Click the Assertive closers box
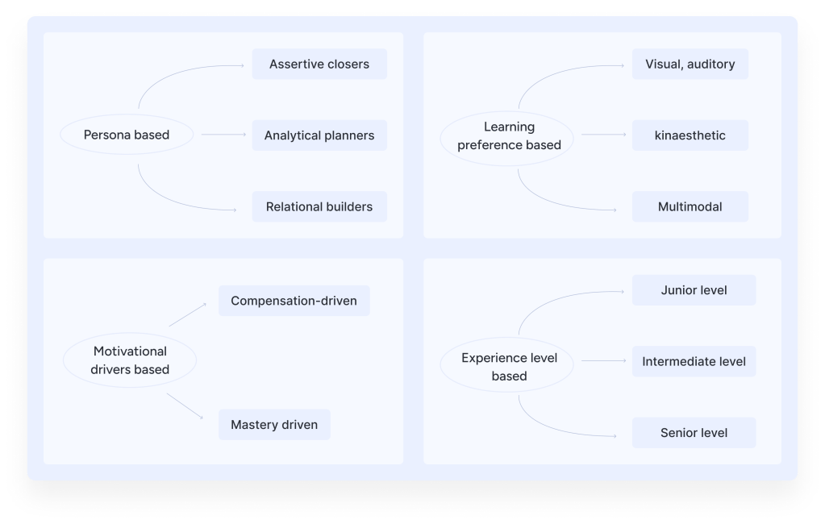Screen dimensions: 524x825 (319, 64)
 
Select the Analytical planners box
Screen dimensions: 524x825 (319, 135)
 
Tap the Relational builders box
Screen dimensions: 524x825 (319, 206)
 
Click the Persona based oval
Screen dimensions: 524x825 (127, 135)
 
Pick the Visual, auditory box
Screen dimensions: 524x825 (690, 64)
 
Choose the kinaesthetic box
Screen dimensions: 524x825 (690, 135)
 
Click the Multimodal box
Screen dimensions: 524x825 (690, 206)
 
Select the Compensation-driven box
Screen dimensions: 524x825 (294, 301)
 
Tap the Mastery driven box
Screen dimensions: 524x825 (274, 425)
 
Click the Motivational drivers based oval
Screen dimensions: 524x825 (130, 360)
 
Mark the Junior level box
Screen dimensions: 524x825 (694, 290)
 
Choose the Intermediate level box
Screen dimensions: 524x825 (694, 361)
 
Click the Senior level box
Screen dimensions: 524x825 (694, 433)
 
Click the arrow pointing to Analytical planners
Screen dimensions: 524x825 (223, 135)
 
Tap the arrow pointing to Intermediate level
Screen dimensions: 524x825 (599, 361)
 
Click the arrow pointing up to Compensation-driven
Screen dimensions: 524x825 (188, 314)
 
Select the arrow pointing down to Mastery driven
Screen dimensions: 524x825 (185, 406)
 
